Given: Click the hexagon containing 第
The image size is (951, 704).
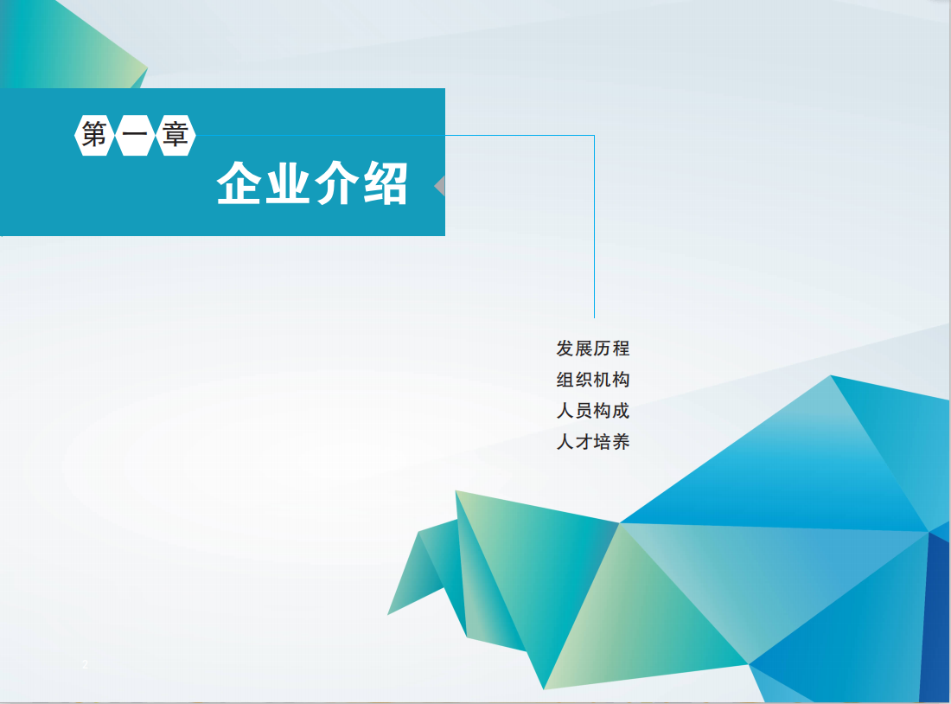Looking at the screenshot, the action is [94, 135].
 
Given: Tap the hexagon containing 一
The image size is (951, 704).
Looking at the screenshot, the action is [135, 135].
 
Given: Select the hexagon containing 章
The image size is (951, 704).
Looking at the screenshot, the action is [176, 135].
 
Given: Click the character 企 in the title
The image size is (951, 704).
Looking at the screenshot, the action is [239, 183].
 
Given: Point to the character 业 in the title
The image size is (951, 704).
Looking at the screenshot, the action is [288, 183].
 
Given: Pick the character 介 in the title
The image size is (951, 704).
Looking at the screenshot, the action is [336, 183].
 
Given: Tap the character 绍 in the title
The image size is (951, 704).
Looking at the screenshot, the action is [386, 183].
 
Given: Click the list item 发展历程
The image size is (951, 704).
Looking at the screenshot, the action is [593, 349].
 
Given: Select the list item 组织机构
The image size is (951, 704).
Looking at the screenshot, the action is [593, 380].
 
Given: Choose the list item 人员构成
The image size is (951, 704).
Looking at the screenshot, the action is [593, 411].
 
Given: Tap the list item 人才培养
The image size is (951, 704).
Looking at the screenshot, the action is [593, 442].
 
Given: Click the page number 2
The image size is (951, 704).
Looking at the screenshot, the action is [85, 664].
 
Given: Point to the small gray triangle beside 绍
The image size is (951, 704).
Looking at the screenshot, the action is [441, 186].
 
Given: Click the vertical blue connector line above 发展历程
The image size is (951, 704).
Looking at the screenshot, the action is [595, 227].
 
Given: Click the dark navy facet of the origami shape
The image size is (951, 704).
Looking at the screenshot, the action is [936, 619].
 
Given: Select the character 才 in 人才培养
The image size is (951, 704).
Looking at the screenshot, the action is [584, 442].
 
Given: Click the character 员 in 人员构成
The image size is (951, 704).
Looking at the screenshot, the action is [584, 411].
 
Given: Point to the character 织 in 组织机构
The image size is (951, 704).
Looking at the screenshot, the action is [584, 380].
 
